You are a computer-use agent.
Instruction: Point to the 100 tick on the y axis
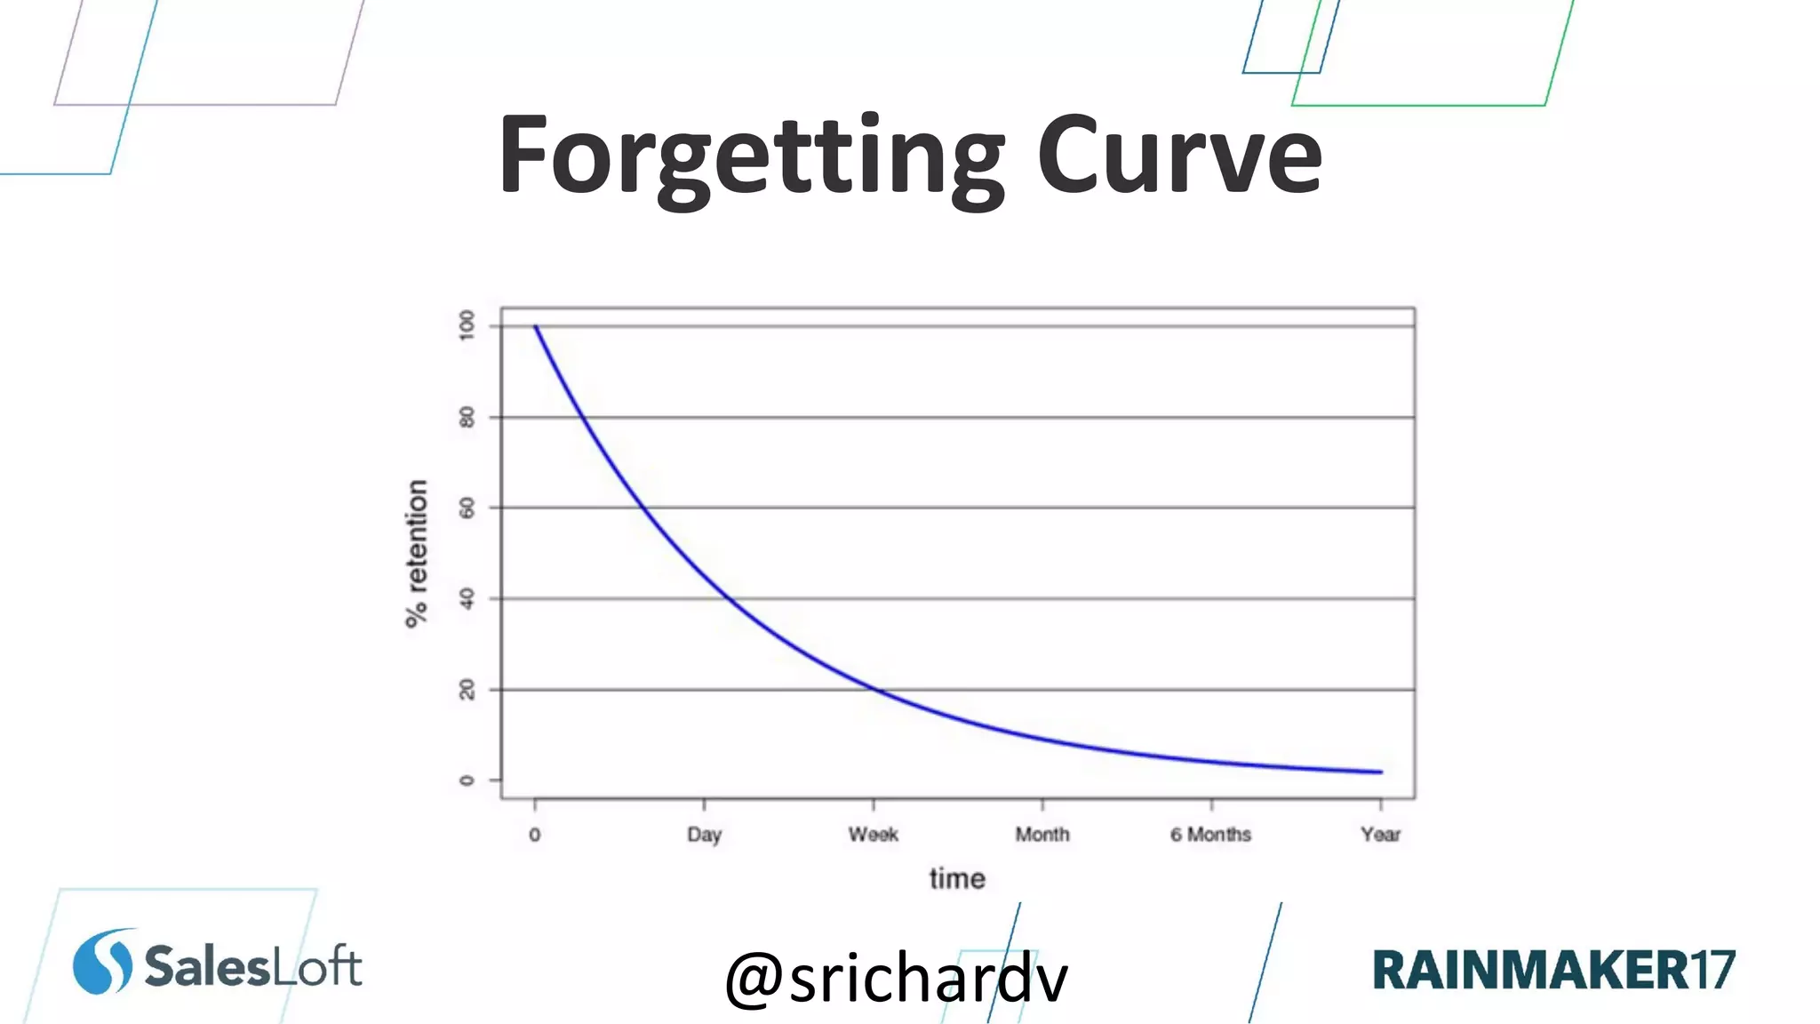467,325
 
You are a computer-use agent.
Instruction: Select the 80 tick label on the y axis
467,417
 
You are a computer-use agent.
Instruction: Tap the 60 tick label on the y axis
467,508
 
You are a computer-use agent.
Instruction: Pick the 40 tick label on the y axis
467,599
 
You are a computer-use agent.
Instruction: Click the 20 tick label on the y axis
467,690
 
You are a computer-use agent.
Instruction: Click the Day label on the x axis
704,835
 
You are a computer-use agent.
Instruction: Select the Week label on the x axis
873,835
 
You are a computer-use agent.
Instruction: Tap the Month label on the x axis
1042,835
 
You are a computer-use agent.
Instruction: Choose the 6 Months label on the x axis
1210,835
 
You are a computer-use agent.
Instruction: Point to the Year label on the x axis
1380,835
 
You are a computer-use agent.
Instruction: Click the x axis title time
957,879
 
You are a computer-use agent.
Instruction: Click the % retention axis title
417,553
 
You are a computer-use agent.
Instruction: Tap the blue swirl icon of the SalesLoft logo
103,962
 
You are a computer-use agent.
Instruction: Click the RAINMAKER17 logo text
1553,970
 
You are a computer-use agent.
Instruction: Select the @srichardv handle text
896,978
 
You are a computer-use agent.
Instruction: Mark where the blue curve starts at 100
535,326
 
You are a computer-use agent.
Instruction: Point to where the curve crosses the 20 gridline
876,690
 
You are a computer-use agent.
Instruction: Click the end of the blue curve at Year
1380,772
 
